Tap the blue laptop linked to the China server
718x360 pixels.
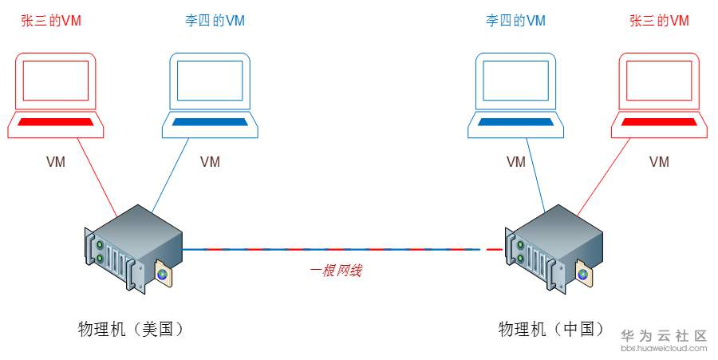coord(515,96)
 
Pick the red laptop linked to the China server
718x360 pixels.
coord(659,96)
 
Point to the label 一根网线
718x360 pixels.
coord(336,271)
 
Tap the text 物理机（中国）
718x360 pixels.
coord(551,329)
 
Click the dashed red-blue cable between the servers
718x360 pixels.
coord(335,250)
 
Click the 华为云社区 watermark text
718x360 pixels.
coord(664,336)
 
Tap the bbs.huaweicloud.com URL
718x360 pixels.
coord(664,348)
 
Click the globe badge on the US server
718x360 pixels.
coord(163,274)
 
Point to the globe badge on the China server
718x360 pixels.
coord(583,274)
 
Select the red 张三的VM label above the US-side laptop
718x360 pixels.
coord(51,21)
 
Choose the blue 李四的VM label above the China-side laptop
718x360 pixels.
coord(516,21)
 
